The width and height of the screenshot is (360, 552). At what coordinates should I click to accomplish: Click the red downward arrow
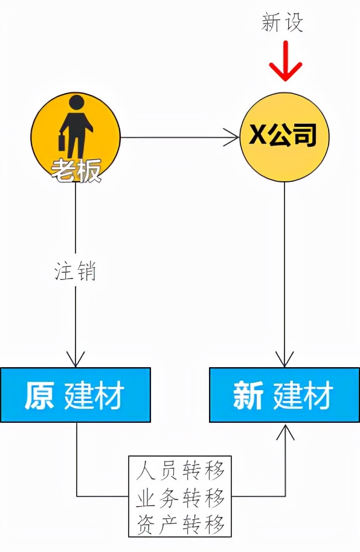[x=285, y=60]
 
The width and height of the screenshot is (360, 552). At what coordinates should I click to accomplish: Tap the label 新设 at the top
[x=282, y=22]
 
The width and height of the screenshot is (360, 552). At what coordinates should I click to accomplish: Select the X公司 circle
[x=284, y=137]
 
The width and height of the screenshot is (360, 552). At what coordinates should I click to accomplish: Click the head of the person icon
[x=77, y=103]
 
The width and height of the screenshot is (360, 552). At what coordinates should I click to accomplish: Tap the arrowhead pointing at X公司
[x=232, y=137]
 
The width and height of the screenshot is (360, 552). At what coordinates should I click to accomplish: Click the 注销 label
[x=76, y=271]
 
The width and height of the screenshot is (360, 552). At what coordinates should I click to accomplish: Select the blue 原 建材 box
[x=76, y=394]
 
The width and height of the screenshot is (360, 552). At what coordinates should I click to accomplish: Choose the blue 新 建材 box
[x=284, y=394]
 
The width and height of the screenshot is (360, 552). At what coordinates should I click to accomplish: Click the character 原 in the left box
[x=39, y=395]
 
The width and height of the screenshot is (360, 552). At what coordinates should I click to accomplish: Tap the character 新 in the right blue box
[x=248, y=395]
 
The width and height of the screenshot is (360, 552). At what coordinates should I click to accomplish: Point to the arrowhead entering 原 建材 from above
[x=76, y=359]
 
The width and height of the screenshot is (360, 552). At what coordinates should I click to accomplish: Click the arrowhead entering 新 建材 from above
[x=284, y=359]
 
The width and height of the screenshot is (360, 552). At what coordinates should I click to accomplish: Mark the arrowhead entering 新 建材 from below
[x=285, y=431]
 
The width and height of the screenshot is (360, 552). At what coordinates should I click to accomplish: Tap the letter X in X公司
[x=257, y=135]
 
